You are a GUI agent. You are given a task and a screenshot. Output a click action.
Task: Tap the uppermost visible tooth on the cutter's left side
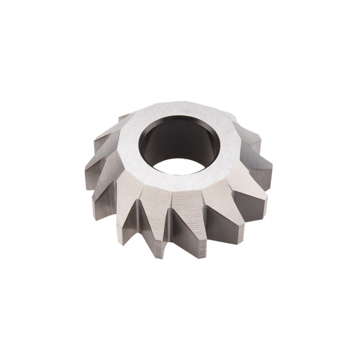[121, 117]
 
